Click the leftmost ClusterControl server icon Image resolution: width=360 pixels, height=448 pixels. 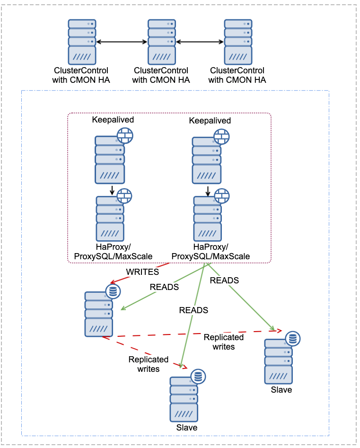pyautogui.click(x=82, y=42)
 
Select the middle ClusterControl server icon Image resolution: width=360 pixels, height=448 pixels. pyautogui.click(x=162, y=42)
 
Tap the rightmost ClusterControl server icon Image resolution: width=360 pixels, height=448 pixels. pyautogui.click(x=238, y=42)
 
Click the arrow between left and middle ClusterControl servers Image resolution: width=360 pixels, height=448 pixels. pyautogui.click(x=122, y=42)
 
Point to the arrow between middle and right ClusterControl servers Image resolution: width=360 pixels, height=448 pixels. pyautogui.click(x=200, y=42)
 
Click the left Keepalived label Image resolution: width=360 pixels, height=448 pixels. pyautogui.click(x=113, y=120)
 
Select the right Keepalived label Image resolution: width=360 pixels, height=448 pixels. pyautogui.click(x=210, y=121)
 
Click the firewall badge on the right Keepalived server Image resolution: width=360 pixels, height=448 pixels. pyautogui.click(x=221, y=136)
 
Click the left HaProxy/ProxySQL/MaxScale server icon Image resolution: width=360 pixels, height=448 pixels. pyautogui.click(x=110, y=219)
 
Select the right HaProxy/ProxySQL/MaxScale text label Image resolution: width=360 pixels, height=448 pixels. pyautogui.click(x=211, y=252)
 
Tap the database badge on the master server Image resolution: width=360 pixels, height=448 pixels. pyautogui.click(x=113, y=291)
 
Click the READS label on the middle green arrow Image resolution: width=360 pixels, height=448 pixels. pyautogui.click(x=193, y=310)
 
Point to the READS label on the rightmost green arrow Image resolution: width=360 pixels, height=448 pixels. pyautogui.click(x=224, y=281)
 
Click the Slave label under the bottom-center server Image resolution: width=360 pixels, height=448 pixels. pyautogui.click(x=186, y=428)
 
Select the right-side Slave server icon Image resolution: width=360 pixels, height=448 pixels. pyautogui.click(x=279, y=361)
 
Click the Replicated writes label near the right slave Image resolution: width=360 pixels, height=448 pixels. pyautogui.click(x=224, y=342)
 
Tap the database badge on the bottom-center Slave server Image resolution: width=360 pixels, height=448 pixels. pyautogui.click(x=198, y=376)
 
